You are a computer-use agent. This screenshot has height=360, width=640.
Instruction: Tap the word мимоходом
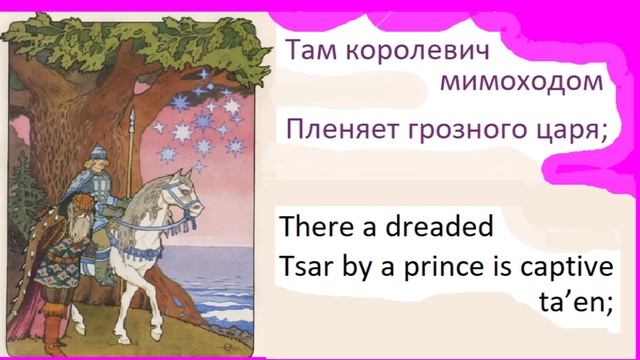(521, 83)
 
